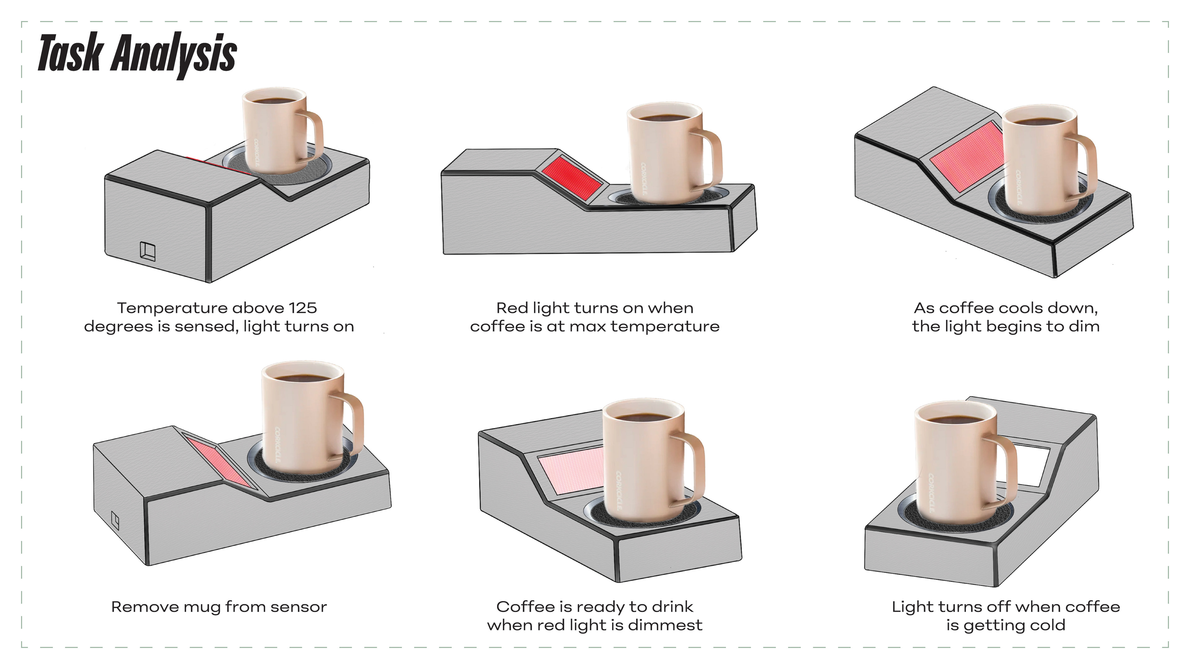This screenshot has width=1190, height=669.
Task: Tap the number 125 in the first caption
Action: [x=302, y=308]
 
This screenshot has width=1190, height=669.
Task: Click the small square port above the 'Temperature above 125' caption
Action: [x=148, y=251]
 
